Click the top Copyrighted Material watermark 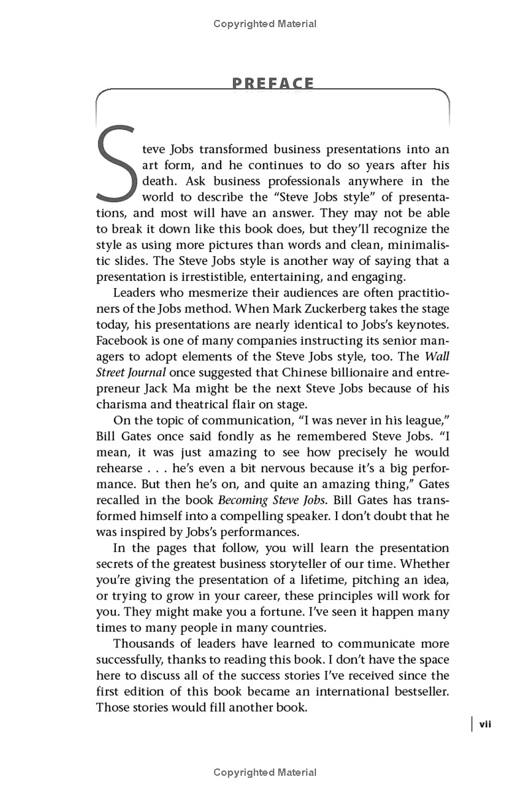coord(265,24)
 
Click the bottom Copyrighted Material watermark coord(265,772)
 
